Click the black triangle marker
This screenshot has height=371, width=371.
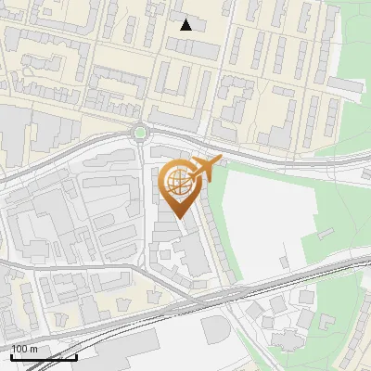tap(186, 25)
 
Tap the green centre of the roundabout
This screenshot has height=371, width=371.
tap(140, 133)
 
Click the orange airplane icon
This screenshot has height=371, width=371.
tap(206, 168)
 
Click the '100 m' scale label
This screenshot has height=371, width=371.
tap(25, 348)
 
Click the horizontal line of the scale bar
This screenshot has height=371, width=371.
tap(44, 357)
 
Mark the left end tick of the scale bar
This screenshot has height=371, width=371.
tap(11, 355)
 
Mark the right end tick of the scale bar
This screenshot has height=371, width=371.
tap(76, 355)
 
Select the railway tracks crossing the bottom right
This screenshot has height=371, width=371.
tap(306, 275)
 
